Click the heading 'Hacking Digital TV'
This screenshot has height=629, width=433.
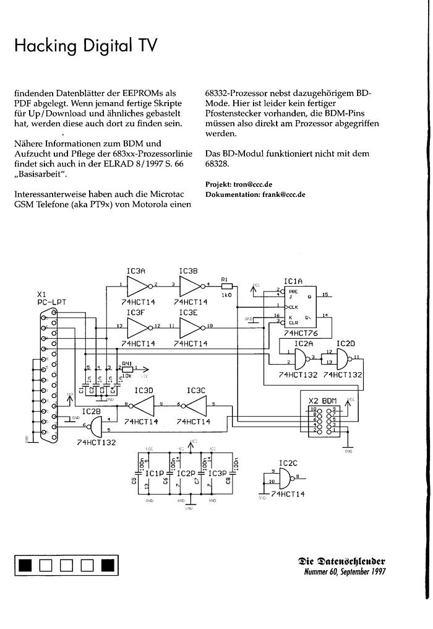pos(85,45)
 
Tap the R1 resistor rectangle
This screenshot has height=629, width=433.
pos(226,286)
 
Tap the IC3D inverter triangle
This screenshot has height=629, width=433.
pos(144,405)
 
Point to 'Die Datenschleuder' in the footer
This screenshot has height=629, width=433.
pos(341,561)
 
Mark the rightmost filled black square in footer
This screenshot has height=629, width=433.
pos(108,565)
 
